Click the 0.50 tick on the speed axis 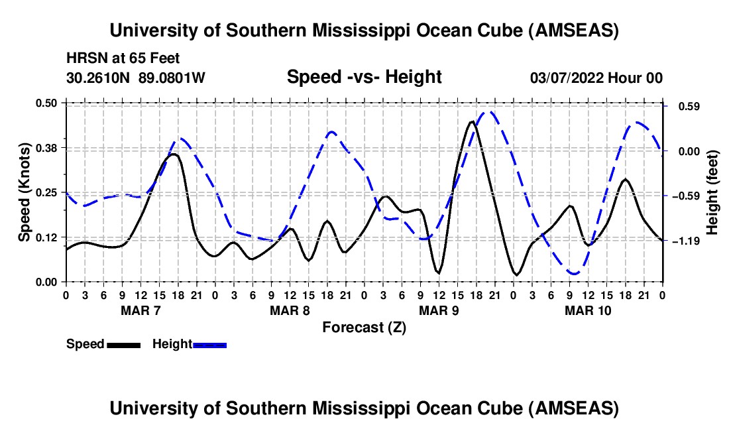click(50, 103)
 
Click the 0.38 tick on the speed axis click(50, 147)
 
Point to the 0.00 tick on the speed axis click(50, 282)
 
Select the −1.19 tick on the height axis click(683, 241)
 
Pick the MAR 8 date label click(289, 310)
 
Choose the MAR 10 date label click(587, 310)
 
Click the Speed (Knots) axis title click(24, 192)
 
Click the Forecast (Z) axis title click(364, 327)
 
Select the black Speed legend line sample click(123, 345)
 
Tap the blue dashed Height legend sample click(209, 345)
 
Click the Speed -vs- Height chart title click(364, 78)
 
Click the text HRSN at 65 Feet click(123, 59)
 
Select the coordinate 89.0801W click(172, 78)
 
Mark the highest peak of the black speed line click(471, 121)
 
